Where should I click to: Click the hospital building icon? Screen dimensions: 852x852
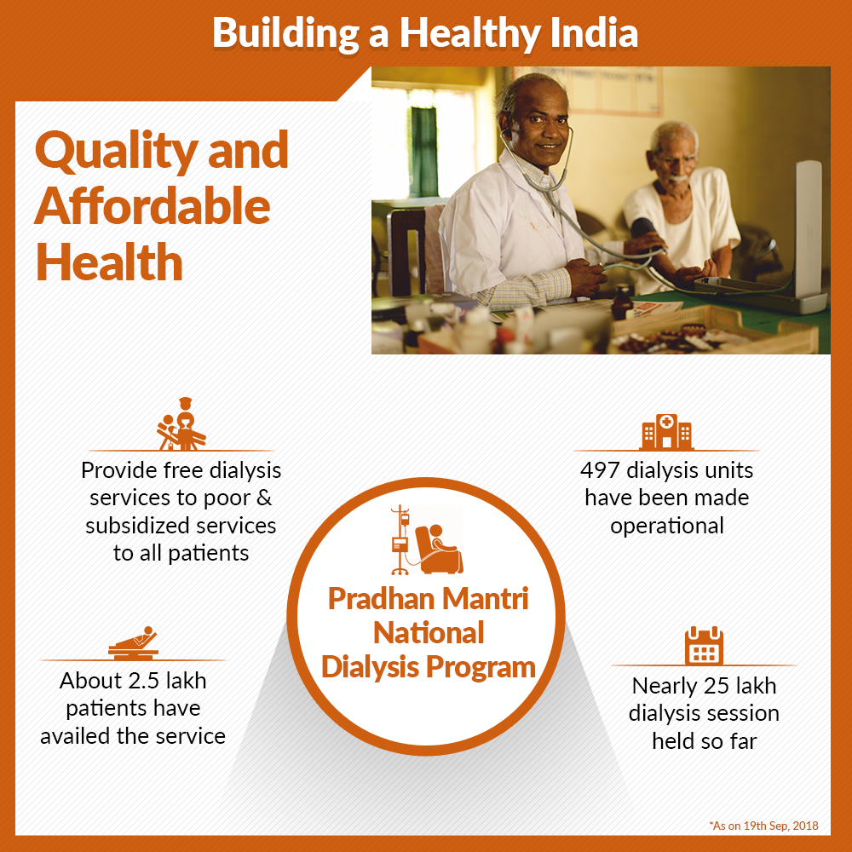666,431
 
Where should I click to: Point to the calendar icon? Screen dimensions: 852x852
704,646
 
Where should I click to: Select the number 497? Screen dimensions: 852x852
600,470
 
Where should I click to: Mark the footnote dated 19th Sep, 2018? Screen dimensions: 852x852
763,826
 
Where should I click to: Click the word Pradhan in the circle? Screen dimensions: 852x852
380,599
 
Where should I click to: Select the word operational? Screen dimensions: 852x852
667,527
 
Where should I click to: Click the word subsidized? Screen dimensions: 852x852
136,526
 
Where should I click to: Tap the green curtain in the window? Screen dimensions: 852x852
423,152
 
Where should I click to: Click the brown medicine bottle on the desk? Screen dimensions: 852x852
622,302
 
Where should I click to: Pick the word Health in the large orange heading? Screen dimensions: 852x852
109,262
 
